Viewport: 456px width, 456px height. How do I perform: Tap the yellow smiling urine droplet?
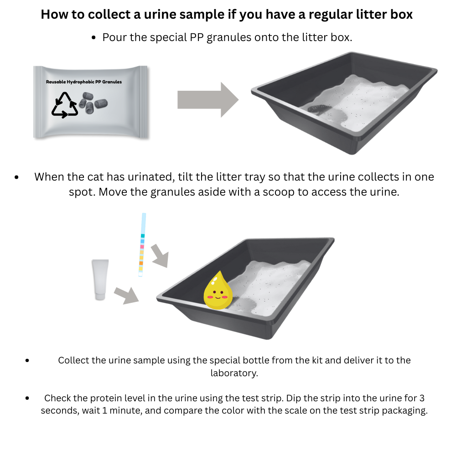[218, 290]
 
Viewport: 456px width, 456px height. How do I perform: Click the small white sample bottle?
[100, 279]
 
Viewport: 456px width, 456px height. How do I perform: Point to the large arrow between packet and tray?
[207, 100]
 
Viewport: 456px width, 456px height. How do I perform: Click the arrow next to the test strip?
[160, 255]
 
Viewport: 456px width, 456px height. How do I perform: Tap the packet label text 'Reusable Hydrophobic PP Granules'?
[84, 82]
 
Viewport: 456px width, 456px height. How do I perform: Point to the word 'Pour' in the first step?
[115, 37]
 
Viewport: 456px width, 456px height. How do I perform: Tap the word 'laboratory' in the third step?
[234, 373]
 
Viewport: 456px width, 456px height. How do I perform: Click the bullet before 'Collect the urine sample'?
[28, 361]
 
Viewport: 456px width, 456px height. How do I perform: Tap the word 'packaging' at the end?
[404, 410]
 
